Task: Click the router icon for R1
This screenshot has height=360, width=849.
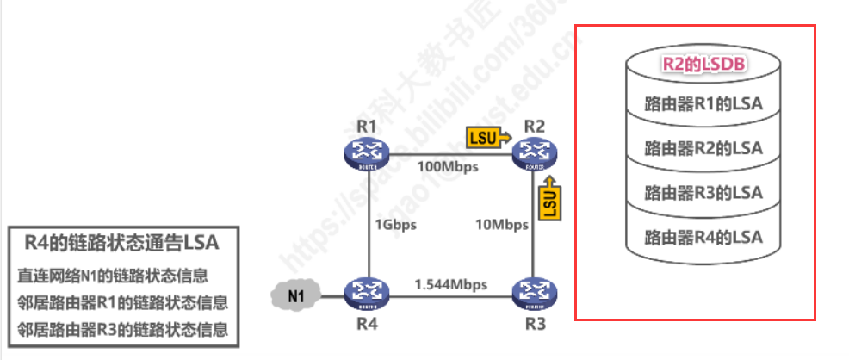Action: [368, 153]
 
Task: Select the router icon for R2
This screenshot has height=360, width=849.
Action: [535, 153]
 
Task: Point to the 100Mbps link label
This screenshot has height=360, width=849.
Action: [449, 165]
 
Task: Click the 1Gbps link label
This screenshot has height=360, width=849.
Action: [395, 225]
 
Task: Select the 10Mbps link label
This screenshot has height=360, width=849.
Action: [502, 225]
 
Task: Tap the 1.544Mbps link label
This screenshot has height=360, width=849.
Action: [450, 284]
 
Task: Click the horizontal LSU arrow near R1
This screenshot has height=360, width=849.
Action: [487, 136]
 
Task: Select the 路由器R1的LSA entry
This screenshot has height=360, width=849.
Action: [703, 103]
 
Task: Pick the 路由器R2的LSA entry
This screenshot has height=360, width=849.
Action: [703, 147]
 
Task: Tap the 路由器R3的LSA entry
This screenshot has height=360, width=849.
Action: [703, 191]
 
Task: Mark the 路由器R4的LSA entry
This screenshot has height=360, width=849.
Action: [703, 235]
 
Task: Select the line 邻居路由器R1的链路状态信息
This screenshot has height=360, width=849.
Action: [121, 302]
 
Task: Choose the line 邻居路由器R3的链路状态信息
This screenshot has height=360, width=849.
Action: [121, 328]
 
